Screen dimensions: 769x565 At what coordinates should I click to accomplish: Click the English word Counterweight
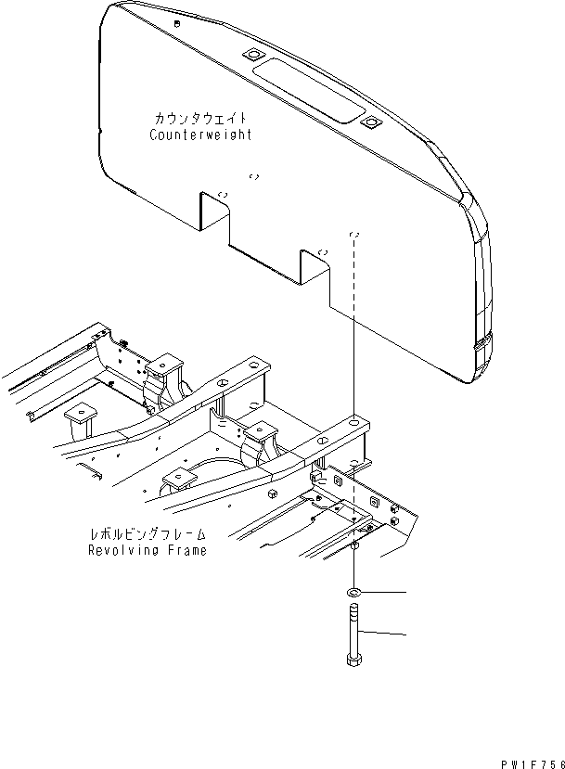tap(200, 135)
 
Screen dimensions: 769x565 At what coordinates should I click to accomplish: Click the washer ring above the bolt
tap(355, 591)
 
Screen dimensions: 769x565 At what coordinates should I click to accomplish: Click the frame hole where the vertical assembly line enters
tap(353, 424)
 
